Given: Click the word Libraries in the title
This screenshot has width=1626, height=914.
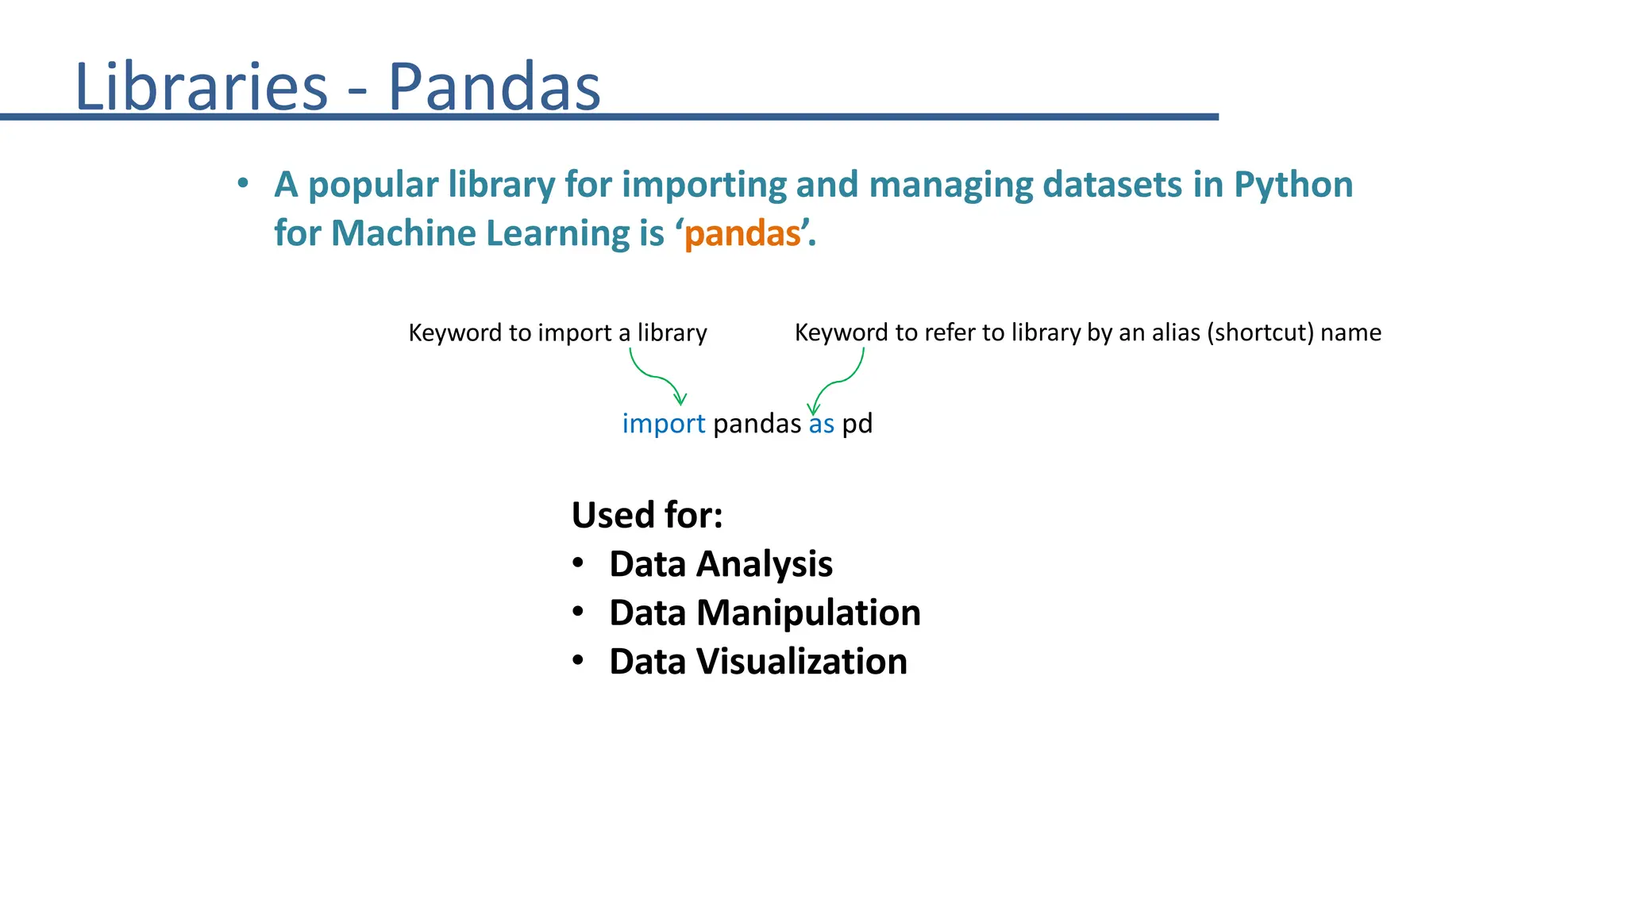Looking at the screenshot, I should (201, 86).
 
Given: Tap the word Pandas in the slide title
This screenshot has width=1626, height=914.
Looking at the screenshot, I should (494, 86).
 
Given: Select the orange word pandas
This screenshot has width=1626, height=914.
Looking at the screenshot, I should (743, 234).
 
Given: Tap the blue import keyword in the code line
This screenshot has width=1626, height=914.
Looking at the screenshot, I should (663, 424).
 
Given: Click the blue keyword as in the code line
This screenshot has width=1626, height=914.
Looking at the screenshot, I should (822, 424).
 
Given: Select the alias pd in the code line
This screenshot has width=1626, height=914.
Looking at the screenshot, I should (857, 424).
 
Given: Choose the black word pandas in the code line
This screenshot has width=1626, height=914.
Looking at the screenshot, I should (757, 424).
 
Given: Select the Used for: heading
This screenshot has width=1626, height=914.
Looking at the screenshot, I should (647, 515).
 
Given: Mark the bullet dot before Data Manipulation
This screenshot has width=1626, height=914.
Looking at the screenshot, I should (578, 612).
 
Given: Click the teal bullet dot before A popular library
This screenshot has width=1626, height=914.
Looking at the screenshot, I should (243, 184).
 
